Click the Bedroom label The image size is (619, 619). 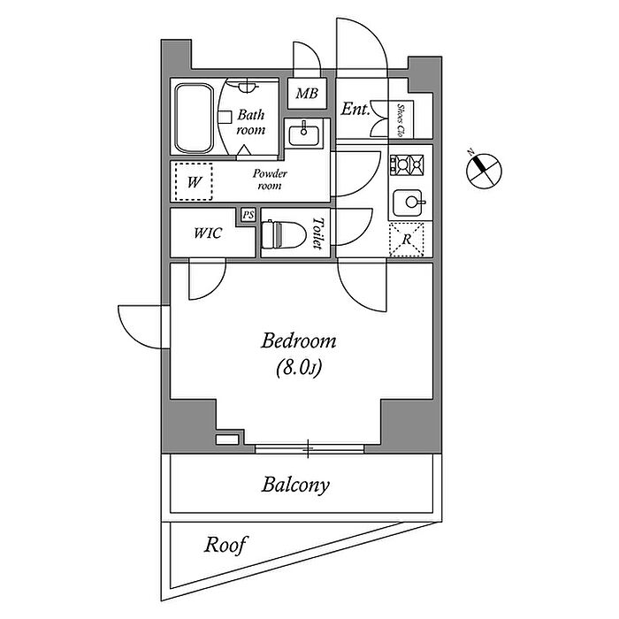coord(299,340)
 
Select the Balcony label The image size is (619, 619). coord(295,485)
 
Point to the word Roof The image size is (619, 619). coord(226,544)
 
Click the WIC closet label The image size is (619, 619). coord(208,234)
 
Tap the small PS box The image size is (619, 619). coord(248,214)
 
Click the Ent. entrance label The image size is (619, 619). coord(355,110)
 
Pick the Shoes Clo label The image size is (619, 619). coord(401,120)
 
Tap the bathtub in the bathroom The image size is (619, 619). coord(194,118)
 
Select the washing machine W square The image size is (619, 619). coord(195,183)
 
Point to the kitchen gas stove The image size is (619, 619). coord(409,164)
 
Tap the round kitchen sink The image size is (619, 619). coord(409,203)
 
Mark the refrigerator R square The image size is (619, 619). coord(408,239)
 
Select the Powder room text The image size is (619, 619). coord(270,180)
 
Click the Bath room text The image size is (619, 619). coord(251,122)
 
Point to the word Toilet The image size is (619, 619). coord(319,234)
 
